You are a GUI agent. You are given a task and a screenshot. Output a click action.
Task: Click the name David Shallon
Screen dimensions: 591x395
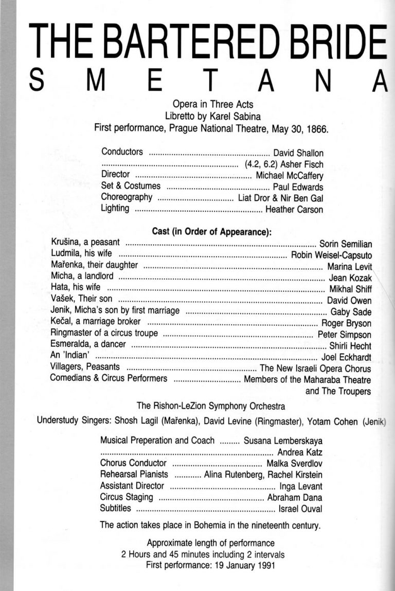tap(298, 153)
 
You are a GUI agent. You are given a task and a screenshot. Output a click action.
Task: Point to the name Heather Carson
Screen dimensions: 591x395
tap(294, 210)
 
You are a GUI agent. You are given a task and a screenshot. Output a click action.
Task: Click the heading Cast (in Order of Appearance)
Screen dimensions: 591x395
tap(212, 232)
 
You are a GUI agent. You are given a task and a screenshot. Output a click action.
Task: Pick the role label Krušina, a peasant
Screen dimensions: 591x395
tap(85, 242)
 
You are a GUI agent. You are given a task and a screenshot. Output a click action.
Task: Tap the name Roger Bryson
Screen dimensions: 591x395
tap(346, 324)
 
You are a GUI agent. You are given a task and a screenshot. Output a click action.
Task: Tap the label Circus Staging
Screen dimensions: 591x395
tap(127, 497)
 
